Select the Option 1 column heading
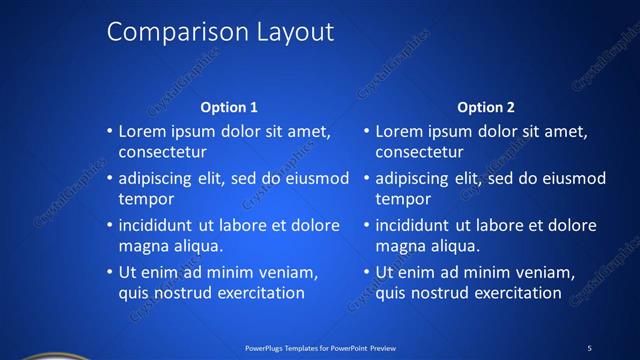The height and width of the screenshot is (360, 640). (229, 107)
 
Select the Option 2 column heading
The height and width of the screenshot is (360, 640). (486, 107)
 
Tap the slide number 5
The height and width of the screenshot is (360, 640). (589, 348)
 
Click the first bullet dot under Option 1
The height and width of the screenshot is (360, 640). (110, 131)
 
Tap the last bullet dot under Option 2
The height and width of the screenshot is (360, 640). (367, 273)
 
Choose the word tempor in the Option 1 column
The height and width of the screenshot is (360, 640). (146, 199)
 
